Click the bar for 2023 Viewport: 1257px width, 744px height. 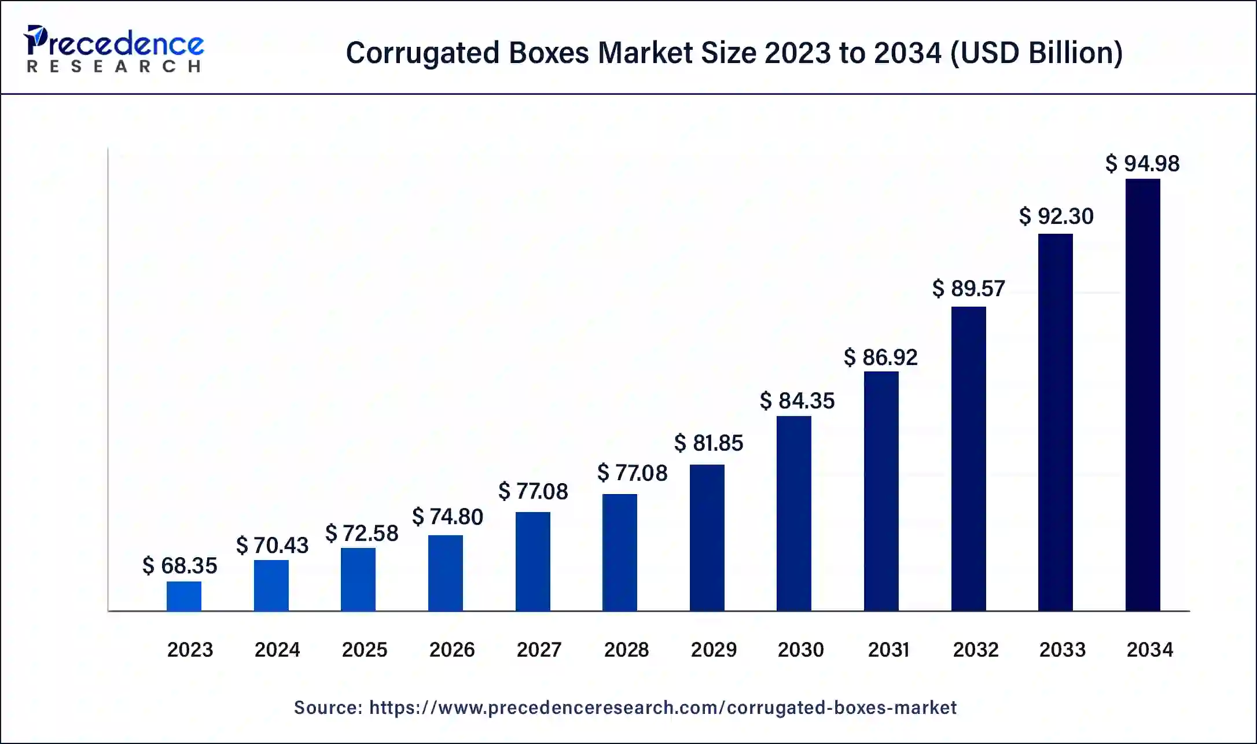(x=184, y=596)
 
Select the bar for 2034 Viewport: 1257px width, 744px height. (x=1142, y=395)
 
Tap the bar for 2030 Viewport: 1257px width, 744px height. (x=793, y=513)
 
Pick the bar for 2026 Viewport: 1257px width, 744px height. (x=445, y=573)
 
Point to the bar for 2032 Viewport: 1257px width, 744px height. (x=968, y=458)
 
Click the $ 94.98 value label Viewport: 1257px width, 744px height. (x=1142, y=164)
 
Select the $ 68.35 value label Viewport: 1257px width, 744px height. (x=179, y=566)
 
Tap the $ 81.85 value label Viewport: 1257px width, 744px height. (x=708, y=443)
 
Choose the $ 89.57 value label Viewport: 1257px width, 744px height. (x=968, y=289)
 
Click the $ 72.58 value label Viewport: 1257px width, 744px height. (x=362, y=533)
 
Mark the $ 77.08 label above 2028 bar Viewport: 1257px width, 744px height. (x=632, y=473)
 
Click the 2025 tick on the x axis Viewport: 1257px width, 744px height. (x=364, y=650)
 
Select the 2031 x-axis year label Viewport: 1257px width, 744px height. (x=888, y=650)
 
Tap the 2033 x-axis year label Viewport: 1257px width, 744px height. (x=1062, y=650)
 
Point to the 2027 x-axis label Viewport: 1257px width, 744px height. (x=539, y=650)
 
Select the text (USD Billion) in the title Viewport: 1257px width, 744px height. (x=1036, y=53)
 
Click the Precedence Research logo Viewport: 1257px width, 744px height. (x=113, y=49)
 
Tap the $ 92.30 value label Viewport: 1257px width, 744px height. (x=1056, y=216)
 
